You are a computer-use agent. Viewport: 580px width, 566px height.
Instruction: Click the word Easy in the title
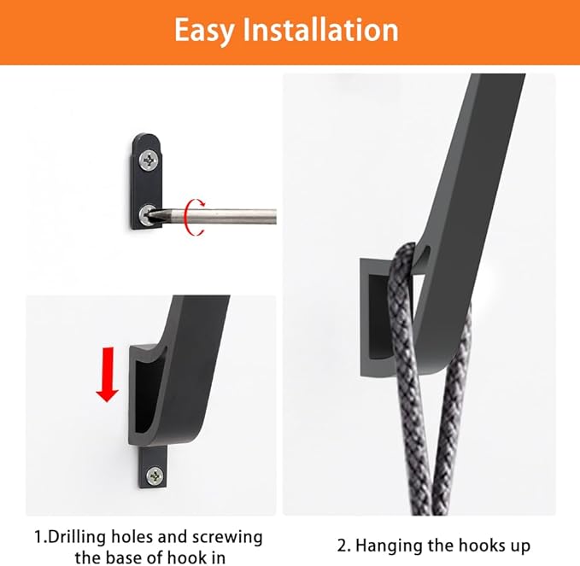(x=206, y=30)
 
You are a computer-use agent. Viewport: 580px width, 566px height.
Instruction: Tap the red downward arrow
(x=107, y=372)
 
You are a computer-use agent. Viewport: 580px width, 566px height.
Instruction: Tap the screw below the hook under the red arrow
(x=155, y=475)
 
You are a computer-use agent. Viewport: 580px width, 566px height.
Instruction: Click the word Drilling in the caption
(x=88, y=538)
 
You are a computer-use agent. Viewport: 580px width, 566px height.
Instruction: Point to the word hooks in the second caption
(x=473, y=545)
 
